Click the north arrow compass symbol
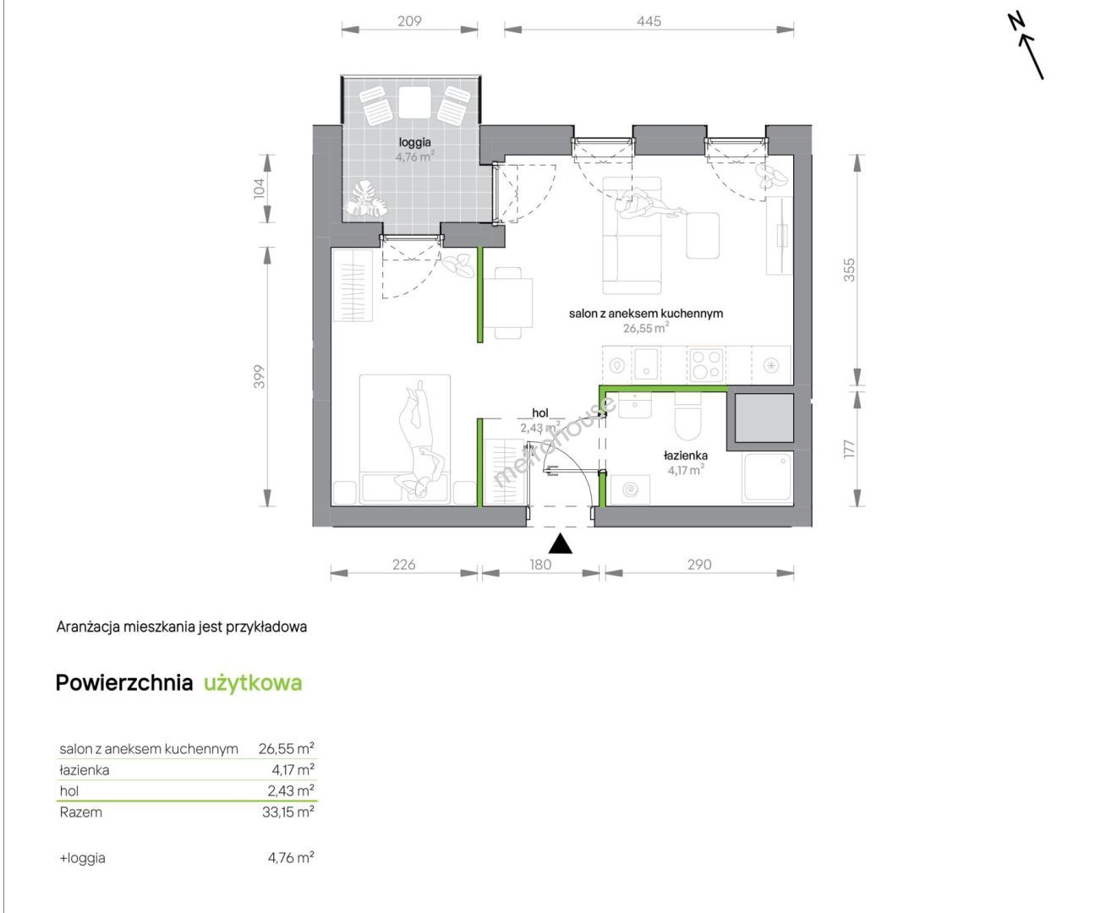(1025, 46)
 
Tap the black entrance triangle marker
(560, 544)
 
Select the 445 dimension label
(649, 21)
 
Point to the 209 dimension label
(409, 21)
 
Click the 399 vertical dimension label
(259, 376)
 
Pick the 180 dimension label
(540, 565)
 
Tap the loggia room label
(414, 142)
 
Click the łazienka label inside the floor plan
(686, 455)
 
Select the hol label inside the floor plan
(540, 413)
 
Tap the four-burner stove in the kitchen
(707, 365)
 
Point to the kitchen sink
(646, 364)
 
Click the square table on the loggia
(414, 103)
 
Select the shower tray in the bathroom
(768, 477)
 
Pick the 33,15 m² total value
(288, 812)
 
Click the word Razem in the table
(81, 812)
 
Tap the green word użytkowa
(253, 683)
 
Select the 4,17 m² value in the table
(293, 769)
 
